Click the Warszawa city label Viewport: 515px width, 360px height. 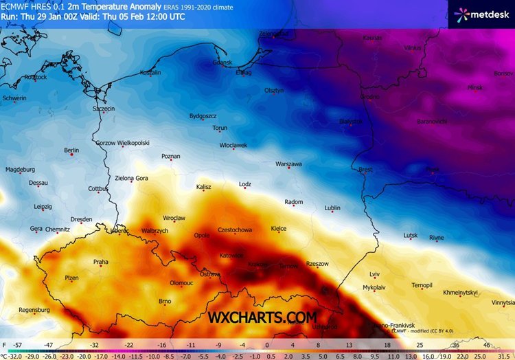coord(288,164)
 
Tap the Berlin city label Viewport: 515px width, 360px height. coord(71,150)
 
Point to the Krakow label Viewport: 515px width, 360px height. coord(259,264)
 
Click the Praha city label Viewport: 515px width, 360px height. coord(101,262)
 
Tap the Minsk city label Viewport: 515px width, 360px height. coord(474,88)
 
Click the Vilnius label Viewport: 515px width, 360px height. coord(412,48)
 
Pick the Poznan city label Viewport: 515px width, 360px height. coord(170,157)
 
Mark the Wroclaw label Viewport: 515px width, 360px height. coord(174,218)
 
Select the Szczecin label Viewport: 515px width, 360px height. coord(104,109)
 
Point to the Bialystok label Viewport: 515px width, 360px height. coord(351,121)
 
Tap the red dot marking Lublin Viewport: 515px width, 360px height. coord(332,212)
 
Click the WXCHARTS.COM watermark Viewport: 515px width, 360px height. coord(264,317)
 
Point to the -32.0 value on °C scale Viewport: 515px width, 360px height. coord(15,355)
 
